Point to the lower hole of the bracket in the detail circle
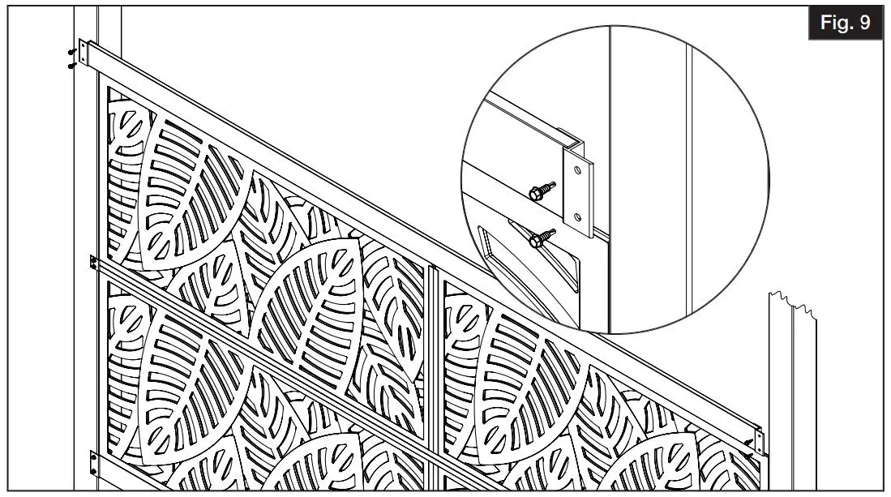576,216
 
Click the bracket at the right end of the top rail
759,439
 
